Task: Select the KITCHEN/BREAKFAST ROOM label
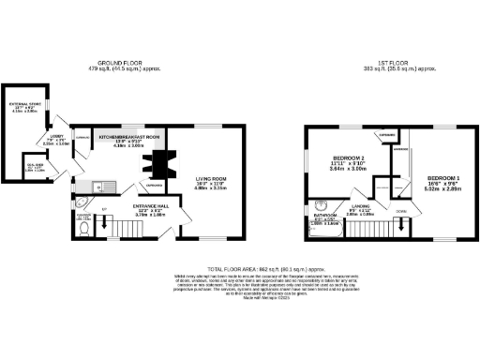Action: tap(131, 138)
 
